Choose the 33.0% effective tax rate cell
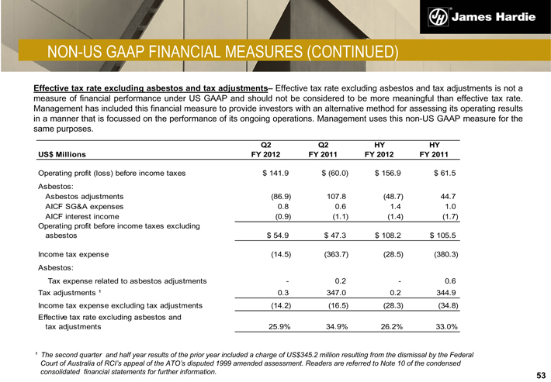pos(445,327)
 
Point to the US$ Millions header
pos(65,154)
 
